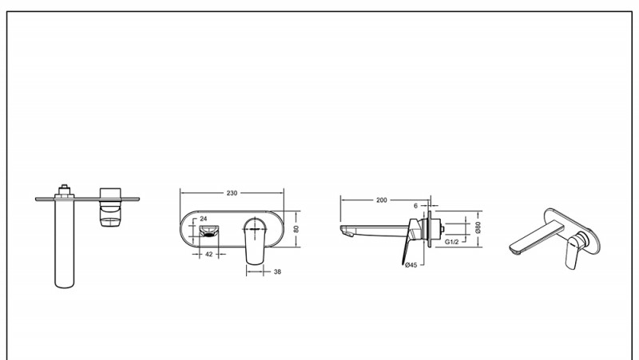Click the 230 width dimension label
tap(232, 193)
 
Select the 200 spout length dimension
tap(382, 200)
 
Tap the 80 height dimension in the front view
tap(296, 229)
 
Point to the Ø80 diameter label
tap(478, 227)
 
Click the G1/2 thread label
tap(451, 242)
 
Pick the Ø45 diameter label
tap(411, 265)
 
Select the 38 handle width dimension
tap(277, 271)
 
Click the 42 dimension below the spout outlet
tap(208, 254)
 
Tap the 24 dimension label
tap(204, 219)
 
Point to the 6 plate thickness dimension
tap(415, 206)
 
